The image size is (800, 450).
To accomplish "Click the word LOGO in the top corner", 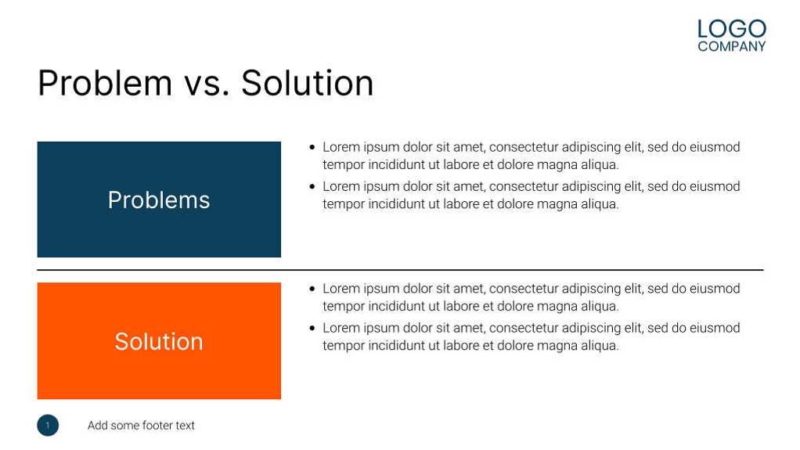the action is tap(732, 29).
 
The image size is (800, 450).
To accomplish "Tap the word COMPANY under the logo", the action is tap(732, 46).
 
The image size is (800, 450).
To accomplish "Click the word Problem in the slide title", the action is tap(105, 83).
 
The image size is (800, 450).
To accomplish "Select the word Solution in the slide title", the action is tap(307, 83).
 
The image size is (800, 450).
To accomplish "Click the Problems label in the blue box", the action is tap(159, 200).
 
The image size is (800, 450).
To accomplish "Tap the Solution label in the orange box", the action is tap(159, 341).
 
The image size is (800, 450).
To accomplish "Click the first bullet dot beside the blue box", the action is tap(312, 147).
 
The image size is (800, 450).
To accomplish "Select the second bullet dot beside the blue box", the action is tap(312, 187).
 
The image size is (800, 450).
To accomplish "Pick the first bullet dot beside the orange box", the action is tap(312, 289).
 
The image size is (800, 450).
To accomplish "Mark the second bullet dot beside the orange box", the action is tap(312, 328).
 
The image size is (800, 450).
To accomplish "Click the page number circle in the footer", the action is tap(48, 425).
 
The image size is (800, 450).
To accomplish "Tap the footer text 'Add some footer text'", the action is tap(141, 426).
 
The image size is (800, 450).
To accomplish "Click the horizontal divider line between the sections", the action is tap(401, 270).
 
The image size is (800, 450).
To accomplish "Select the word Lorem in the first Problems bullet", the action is tap(341, 147).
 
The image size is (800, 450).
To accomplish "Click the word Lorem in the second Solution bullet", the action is tap(341, 328).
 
